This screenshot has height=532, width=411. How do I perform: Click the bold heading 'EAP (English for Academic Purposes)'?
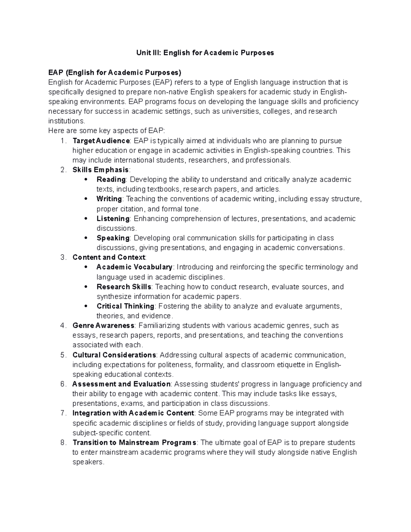115,72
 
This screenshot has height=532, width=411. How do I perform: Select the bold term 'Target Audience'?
101,141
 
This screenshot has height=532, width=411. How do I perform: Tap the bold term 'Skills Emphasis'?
101,170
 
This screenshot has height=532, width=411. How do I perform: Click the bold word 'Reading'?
111,180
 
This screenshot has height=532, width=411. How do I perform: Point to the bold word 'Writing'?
109,199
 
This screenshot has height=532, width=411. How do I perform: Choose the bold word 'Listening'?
113,219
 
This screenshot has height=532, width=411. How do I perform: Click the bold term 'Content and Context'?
109,257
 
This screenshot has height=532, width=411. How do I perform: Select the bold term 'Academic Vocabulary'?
135,267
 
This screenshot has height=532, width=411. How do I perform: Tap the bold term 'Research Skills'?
124,287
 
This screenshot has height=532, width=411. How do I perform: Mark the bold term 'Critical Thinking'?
125,306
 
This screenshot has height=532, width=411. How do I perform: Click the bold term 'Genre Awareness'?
103,325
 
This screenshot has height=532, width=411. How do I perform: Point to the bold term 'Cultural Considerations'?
114,355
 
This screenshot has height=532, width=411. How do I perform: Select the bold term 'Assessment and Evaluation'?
121,384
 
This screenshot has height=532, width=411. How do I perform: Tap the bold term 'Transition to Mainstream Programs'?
135,442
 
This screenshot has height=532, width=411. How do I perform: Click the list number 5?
63,355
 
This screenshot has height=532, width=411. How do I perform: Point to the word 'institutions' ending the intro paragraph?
65,121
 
